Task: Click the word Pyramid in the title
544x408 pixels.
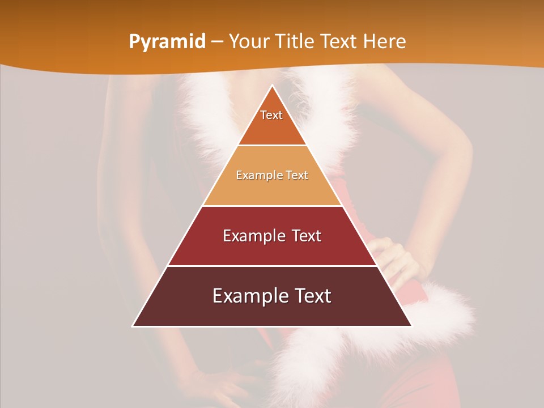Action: [x=167, y=41]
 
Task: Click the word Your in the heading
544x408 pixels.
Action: [x=249, y=41]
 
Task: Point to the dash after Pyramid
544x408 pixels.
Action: [x=217, y=42]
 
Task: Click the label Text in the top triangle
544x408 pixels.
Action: [x=271, y=115]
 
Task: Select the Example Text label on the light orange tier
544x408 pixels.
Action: [x=272, y=175]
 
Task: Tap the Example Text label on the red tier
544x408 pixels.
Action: [x=272, y=236]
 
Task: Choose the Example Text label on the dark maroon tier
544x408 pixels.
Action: [x=272, y=296]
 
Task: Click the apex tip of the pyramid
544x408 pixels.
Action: [x=273, y=86]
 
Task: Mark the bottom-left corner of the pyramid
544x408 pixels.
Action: [x=133, y=326]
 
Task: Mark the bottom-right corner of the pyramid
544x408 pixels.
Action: [x=411, y=326]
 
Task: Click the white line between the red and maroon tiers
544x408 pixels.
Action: [x=272, y=266]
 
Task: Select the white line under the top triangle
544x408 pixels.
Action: [x=272, y=146]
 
